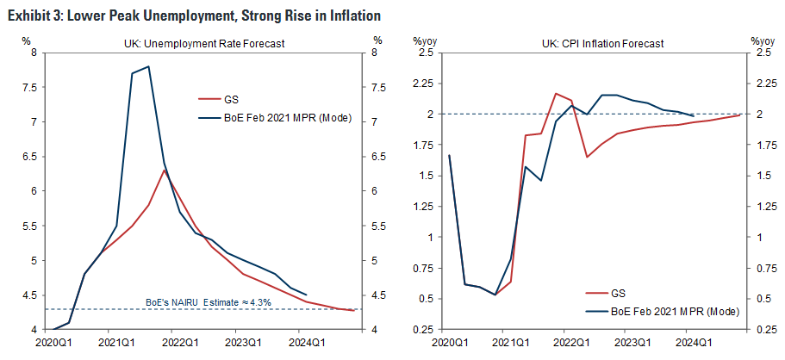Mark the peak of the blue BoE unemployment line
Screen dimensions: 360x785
coord(148,66)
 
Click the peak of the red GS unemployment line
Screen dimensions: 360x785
coord(165,170)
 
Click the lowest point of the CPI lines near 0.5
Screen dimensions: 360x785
coord(495,295)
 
